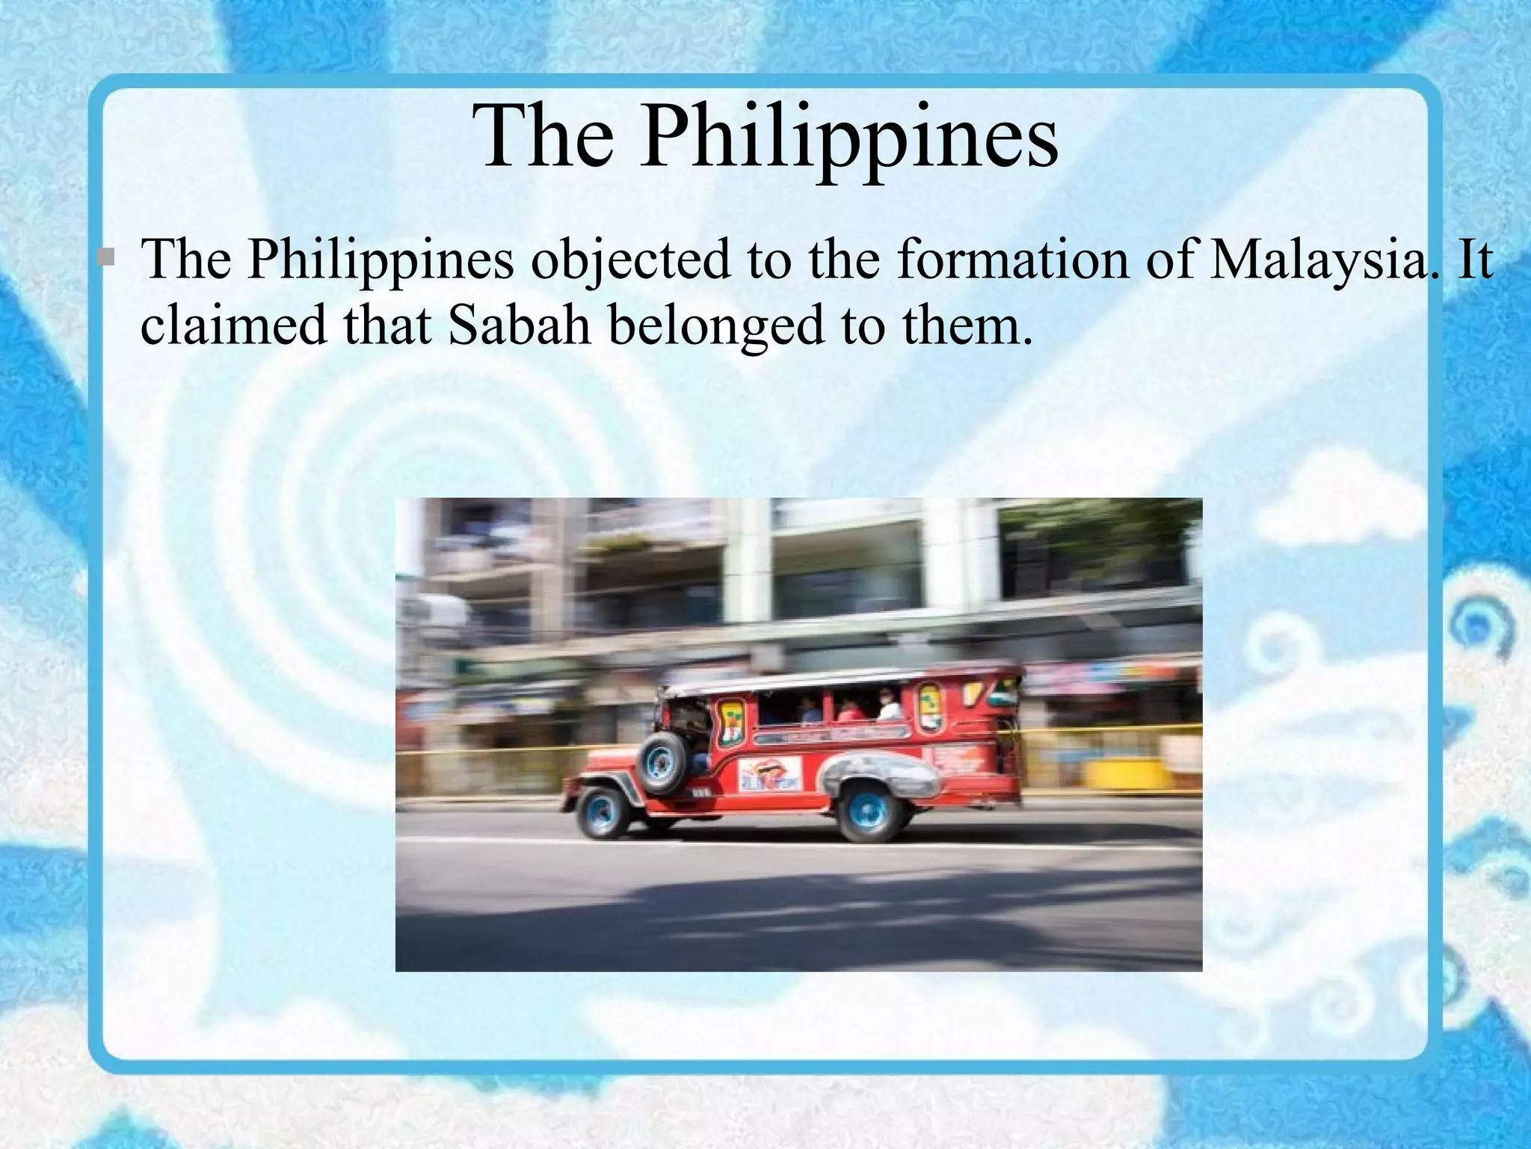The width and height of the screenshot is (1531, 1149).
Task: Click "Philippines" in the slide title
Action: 849,138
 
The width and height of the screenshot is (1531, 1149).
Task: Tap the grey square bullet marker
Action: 106,257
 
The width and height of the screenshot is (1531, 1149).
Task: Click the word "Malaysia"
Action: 1318,260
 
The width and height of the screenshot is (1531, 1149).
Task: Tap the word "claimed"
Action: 233,326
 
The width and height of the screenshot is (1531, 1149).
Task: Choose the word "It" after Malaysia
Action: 1473,259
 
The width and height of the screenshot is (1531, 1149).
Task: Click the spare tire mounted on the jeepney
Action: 661,762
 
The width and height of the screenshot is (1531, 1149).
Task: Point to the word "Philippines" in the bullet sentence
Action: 381,260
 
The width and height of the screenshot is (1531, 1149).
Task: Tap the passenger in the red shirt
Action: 848,711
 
